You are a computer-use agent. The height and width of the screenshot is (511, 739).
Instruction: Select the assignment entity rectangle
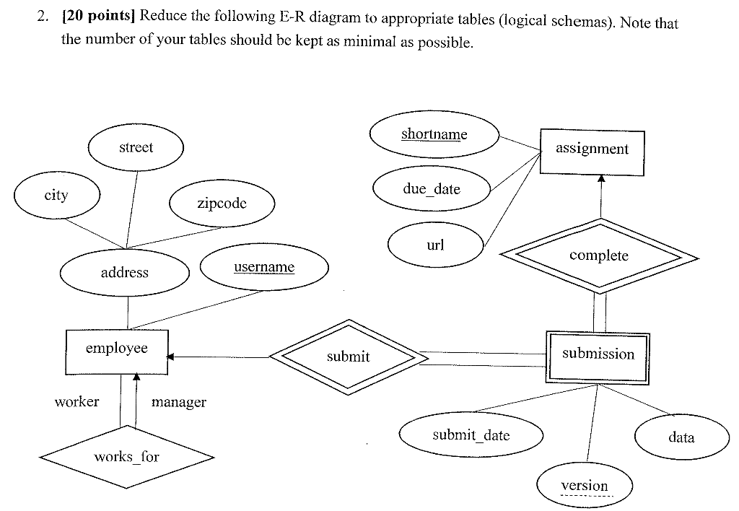coord(592,151)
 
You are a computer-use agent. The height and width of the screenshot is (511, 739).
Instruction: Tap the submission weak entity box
coord(598,356)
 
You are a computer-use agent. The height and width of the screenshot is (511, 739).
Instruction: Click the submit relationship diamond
coord(348,357)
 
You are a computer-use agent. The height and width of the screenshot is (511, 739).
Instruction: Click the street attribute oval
coord(136,148)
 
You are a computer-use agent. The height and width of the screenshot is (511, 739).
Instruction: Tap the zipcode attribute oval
coord(222,204)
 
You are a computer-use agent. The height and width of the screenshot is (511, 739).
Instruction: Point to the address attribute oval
coord(124,273)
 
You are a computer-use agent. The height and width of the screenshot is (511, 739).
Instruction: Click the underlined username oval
coord(264,268)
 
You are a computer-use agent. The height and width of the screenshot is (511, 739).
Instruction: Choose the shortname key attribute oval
coord(434,135)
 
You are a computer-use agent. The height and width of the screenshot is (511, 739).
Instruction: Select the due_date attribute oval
coord(432,189)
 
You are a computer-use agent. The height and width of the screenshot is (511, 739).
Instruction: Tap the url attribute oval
coord(435,245)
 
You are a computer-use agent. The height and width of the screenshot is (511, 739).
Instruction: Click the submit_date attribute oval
coord(471,435)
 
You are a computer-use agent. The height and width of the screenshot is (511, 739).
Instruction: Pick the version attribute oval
coord(585,486)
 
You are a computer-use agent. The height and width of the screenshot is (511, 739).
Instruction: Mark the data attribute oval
coord(681,437)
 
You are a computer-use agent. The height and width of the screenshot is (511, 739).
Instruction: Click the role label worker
coord(76,402)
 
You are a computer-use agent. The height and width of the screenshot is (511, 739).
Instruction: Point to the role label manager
coord(178,403)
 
